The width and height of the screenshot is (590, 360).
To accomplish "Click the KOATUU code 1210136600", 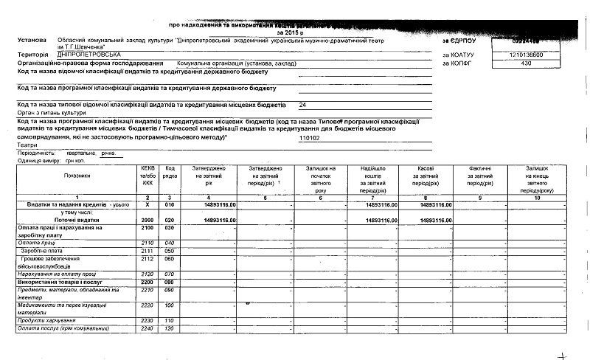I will [x=525, y=55].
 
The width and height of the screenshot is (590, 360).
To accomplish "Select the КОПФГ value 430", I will [x=525, y=63].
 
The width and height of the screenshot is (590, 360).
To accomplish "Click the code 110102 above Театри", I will [x=310, y=138].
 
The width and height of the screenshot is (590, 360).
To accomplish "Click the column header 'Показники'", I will [x=77, y=176].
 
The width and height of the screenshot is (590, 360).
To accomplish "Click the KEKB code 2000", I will [x=147, y=220].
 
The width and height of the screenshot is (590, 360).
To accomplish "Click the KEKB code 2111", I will [x=147, y=251].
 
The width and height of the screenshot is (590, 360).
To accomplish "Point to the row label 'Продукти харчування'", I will [x=48, y=320].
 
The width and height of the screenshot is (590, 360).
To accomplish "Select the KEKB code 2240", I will [x=147, y=328].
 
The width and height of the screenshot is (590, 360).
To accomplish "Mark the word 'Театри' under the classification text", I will [x=27, y=145].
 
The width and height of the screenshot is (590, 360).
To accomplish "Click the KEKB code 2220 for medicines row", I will [x=147, y=305].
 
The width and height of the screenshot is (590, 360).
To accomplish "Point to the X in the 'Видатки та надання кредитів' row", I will [x=147, y=204].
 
